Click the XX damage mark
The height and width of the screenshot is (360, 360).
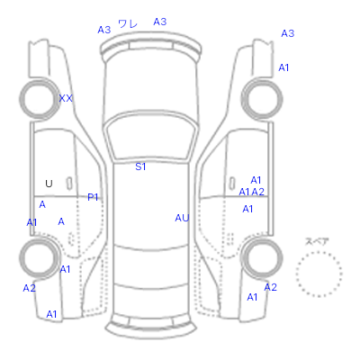[66, 98]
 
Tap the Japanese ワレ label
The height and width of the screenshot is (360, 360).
[128, 24]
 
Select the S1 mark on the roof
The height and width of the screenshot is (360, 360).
[140, 166]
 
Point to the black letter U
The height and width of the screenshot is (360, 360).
[49, 184]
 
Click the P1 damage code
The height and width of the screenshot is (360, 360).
[93, 197]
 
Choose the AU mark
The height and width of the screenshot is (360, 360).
[182, 218]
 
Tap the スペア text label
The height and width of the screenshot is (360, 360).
[317, 241]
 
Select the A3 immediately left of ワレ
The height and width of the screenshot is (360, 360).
[104, 30]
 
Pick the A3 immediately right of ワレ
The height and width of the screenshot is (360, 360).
[160, 22]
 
